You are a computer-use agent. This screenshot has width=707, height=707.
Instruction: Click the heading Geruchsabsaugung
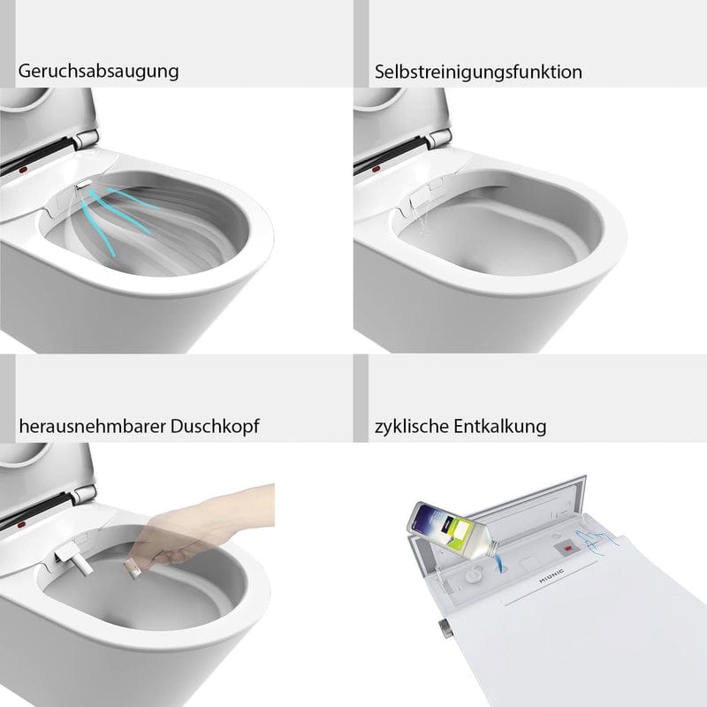click(97, 72)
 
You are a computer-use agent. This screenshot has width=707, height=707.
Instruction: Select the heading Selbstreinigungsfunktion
click(478, 72)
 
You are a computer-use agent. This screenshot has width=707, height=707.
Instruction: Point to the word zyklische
click(411, 427)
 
